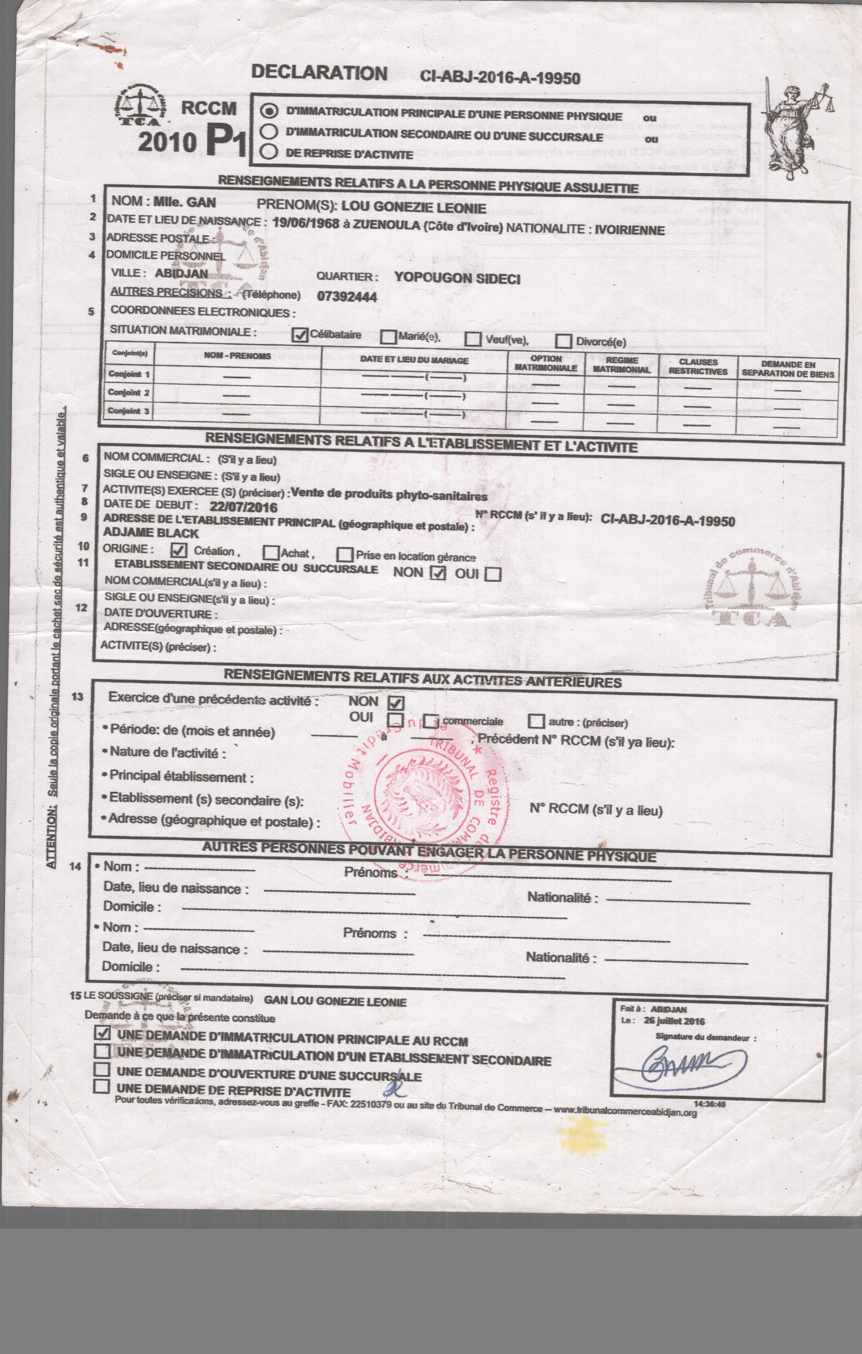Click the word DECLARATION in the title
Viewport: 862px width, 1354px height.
[319, 73]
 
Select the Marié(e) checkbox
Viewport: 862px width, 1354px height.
[388, 337]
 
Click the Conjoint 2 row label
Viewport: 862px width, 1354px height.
[129, 393]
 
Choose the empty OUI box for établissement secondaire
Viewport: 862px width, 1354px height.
[494, 574]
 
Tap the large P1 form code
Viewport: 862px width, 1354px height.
[226, 139]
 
